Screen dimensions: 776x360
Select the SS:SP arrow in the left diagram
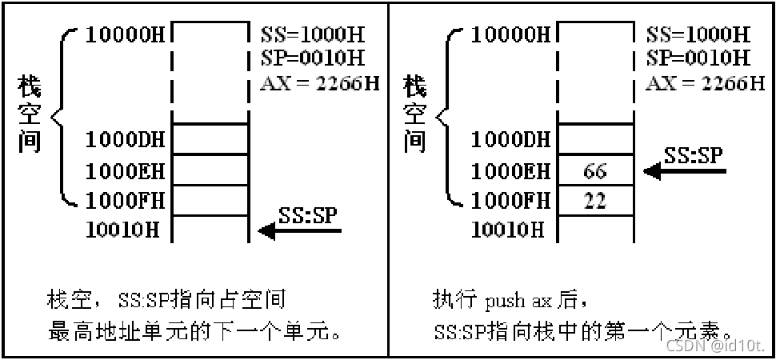(x=300, y=230)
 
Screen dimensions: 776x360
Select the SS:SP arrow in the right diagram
(x=686, y=170)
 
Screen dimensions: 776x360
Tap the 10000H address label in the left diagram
(x=126, y=35)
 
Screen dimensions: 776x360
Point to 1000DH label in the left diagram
(x=126, y=139)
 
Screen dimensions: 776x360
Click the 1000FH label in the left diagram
(x=126, y=200)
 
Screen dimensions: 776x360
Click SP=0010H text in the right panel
(x=697, y=58)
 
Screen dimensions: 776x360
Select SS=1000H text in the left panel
(x=312, y=35)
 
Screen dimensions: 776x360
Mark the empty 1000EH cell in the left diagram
(x=211, y=170)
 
